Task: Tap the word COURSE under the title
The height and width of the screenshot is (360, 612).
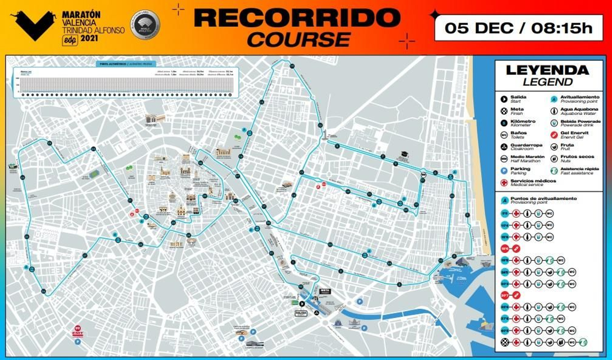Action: tap(299, 39)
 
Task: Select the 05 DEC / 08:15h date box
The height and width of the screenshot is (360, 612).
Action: tap(518, 28)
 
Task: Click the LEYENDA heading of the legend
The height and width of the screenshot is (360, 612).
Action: tap(547, 70)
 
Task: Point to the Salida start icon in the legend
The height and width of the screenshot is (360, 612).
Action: tap(504, 99)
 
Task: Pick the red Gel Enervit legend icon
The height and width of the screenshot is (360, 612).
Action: tap(553, 135)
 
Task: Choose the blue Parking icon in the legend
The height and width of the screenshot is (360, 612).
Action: tap(504, 171)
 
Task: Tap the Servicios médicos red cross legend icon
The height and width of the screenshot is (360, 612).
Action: tap(504, 182)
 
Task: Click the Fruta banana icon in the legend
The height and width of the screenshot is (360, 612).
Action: tap(553, 147)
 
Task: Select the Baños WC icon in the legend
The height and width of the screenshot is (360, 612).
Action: tap(504, 135)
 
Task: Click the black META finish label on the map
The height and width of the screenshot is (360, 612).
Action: tap(325, 291)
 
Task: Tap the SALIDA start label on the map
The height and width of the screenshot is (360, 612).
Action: tap(301, 313)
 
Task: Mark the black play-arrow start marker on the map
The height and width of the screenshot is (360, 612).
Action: tap(302, 304)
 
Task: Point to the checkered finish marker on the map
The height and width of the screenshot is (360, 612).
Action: tap(316, 298)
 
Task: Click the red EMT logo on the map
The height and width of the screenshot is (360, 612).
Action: tap(78, 333)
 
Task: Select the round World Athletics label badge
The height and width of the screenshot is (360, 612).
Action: tap(145, 25)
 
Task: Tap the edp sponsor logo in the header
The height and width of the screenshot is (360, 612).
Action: tap(70, 40)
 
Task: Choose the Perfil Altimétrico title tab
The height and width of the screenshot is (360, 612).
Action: tap(126, 64)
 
